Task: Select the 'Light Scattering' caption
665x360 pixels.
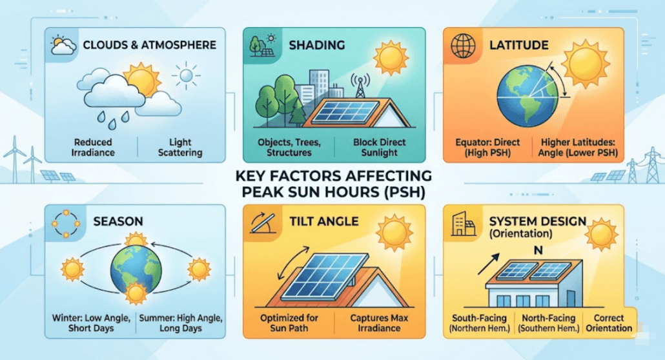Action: tap(180, 147)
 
